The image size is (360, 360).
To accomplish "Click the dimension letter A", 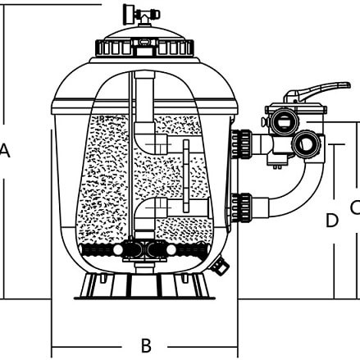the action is (5, 151).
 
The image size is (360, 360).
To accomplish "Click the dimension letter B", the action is (146, 345).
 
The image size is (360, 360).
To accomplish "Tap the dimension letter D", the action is (332, 221).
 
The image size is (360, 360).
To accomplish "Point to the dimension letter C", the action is (356, 207).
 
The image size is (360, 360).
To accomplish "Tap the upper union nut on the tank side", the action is (241, 144).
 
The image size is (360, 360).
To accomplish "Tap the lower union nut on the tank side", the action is (241, 207).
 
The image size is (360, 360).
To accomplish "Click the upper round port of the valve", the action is (285, 121).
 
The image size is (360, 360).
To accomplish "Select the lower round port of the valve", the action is (306, 143).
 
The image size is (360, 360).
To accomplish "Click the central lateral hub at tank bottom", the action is (144, 250).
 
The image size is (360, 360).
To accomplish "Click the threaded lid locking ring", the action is (144, 48).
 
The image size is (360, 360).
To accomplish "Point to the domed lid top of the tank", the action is (144, 33).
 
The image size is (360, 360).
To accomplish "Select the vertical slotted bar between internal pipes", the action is (186, 176).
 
